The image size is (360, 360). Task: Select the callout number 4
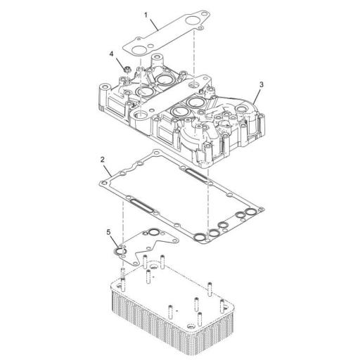click(111, 53)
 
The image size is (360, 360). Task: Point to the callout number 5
click(108, 231)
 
